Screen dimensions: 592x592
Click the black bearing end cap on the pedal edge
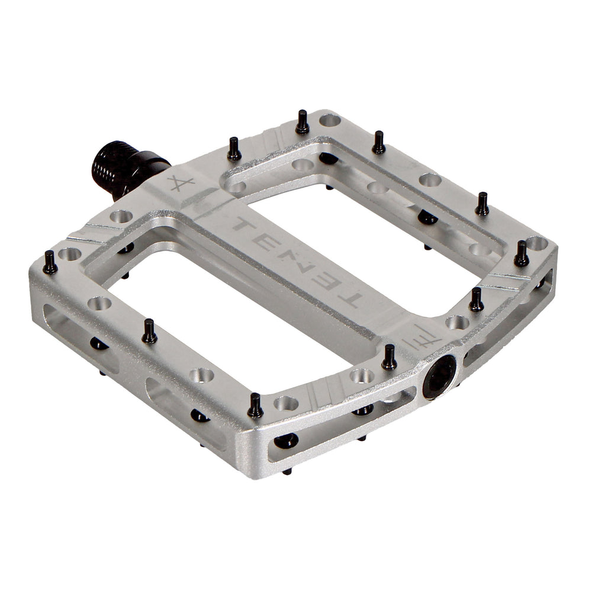[x=439, y=377]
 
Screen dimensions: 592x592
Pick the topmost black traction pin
[x=303, y=122]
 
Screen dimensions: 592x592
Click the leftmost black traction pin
[x=50, y=262]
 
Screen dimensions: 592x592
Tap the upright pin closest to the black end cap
[x=389, y=358]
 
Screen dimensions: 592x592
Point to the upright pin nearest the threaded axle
[x=234, y=149]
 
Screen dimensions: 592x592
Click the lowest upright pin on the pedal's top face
[x=255, y=406]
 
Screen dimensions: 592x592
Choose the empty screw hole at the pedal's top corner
[x=330, y=120]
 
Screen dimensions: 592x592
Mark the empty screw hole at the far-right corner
[x=537, y=243]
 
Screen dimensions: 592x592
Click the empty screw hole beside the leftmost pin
[x=70, y=255]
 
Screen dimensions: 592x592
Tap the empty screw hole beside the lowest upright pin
[x=286, y=404]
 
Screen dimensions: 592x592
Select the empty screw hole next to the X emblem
[x=121, y=217]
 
